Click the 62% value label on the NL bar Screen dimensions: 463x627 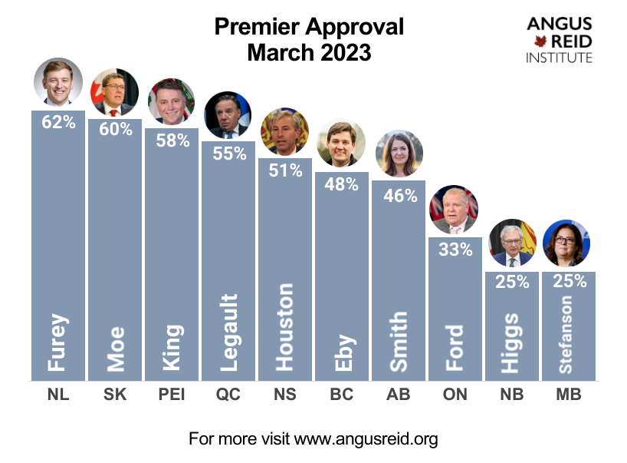point(58,121)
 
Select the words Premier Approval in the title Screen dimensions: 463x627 point(309,27)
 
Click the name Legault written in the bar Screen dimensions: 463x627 point(228,332)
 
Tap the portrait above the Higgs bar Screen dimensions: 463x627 point(511,244)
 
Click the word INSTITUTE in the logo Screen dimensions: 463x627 point(559,58)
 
